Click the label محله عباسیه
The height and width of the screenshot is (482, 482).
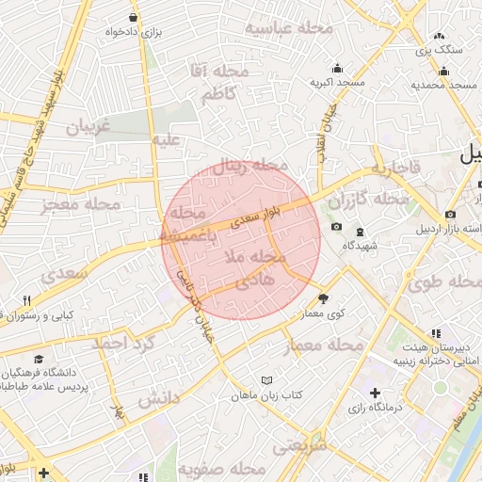[290, 28]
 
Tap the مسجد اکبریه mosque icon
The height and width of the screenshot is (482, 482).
[338, 68]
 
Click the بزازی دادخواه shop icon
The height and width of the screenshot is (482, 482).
[133, 17]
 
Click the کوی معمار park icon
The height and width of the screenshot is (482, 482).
[325, 298]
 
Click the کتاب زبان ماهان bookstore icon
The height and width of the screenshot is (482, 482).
[266, 379]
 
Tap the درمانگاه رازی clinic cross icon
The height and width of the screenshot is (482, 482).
[376, 393]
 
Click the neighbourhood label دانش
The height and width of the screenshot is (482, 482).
[158, 399]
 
